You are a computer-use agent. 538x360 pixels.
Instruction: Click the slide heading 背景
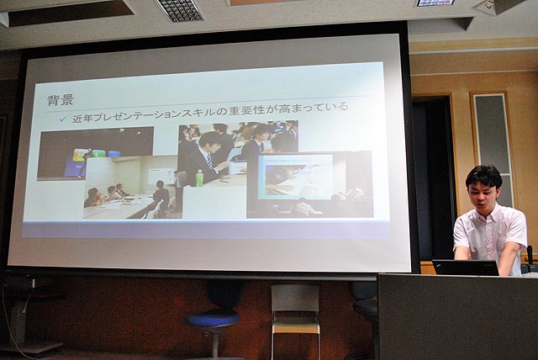tap(61, 100)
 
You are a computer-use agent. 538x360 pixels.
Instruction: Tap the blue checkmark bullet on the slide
tap(63, 119)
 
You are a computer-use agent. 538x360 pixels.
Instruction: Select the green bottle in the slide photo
tap(199, 178)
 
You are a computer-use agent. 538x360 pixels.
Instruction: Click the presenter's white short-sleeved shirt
tap(490, 234)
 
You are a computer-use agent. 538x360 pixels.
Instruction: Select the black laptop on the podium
tap(465, 267)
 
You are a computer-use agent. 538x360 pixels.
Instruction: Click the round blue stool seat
tap(213, 319)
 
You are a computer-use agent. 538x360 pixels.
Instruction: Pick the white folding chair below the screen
tap(296, 319)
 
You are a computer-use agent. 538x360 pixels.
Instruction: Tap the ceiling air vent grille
tap(179, 10)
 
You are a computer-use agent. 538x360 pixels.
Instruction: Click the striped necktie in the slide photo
tap(209, 161)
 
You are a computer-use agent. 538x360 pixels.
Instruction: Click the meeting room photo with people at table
tap(133, 187)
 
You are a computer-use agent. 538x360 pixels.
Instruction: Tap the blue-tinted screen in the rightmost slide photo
tap(295, 177)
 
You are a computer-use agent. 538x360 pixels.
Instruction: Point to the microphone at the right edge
tap(530, 255)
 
